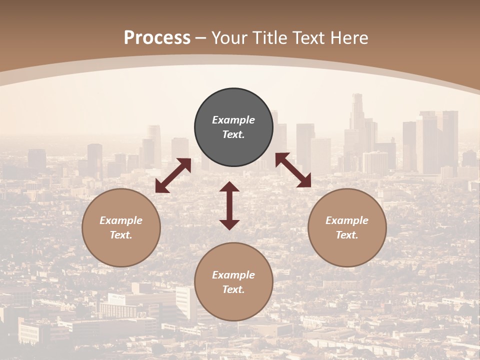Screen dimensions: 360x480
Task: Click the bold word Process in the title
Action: point(157,38)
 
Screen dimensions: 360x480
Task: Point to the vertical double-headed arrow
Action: point(229,205)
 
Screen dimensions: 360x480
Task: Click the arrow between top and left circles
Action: point(173,175)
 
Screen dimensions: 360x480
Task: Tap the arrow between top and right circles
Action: point(293,170)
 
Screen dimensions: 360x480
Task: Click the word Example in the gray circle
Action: point(233,120)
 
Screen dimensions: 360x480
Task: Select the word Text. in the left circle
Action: point(121,235)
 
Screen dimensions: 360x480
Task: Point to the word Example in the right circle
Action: point(347,220)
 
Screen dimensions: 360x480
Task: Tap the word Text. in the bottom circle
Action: point(233,289)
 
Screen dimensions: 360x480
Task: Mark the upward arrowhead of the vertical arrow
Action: point(229,187)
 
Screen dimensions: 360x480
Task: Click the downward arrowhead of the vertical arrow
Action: point(229,224)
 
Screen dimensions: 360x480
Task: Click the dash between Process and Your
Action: point(201,38)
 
